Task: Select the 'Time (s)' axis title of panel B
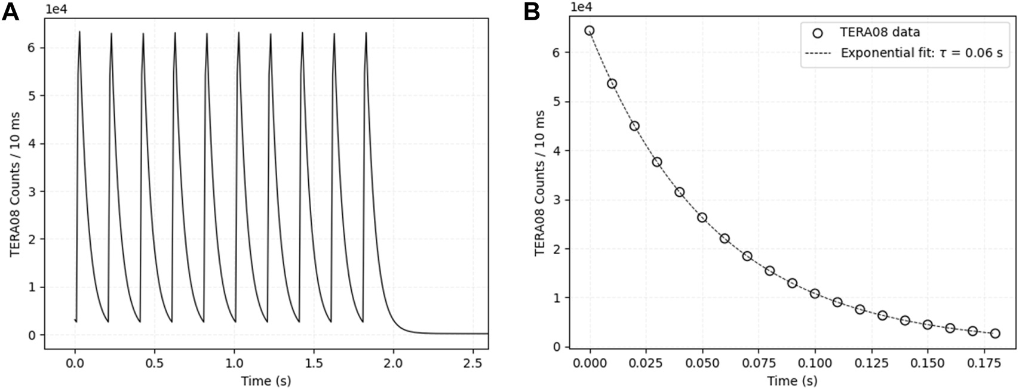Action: click(791, 380)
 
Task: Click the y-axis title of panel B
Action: click(539, 183)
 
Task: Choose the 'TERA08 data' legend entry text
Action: click(880, 32)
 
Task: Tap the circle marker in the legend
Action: click(817, 33)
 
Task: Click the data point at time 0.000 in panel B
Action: click(590, 30)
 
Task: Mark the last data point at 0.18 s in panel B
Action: click(995, 334)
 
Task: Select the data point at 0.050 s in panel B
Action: click(702, 218)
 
